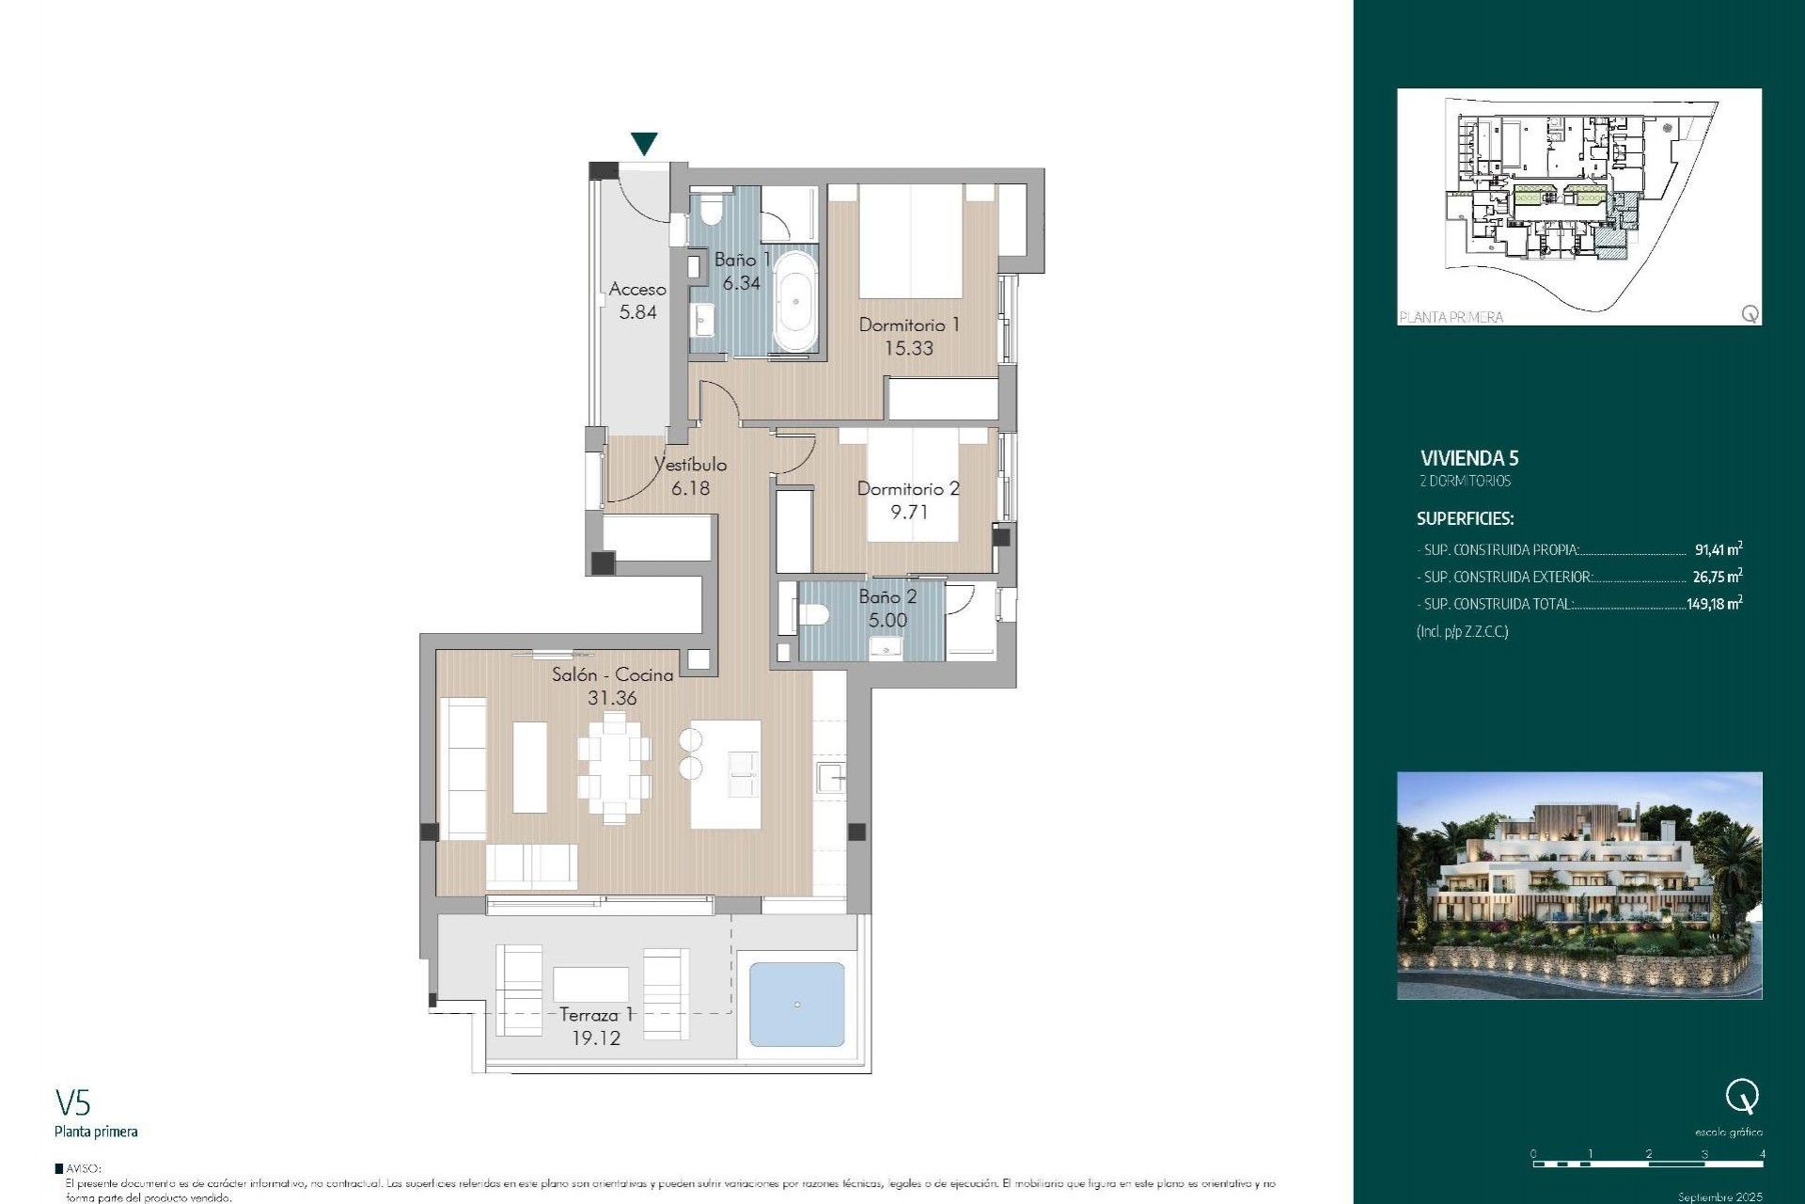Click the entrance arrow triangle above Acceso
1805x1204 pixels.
(x=644, y=143)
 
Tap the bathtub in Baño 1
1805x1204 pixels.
(x=795, y=301)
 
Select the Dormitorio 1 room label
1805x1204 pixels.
(x=908, y=325)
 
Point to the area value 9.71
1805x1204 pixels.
(x=908, y=512)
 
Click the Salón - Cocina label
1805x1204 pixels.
(x=612, y=674)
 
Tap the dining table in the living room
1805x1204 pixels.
(x=614, y=768)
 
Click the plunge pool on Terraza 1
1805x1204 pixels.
(x=796, y=1004)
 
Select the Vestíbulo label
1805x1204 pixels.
(x=691, y=465)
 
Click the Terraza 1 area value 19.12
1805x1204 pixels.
(x=596, y=1038)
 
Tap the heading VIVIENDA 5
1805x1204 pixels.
(x=1468, y=458)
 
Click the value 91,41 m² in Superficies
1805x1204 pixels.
(x=1718, y=549)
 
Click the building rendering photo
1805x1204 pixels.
(x=1578, y=885)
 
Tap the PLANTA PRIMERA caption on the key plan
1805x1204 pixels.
(x=1451, y=317)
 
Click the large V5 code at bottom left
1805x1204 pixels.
(x=72, y=1101)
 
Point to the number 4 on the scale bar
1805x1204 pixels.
(x=1762, y=1153)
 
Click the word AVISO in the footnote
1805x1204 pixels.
(x=83, y=1168)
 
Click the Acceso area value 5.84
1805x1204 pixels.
(x=637, y=312)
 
